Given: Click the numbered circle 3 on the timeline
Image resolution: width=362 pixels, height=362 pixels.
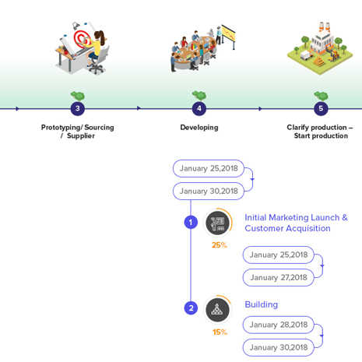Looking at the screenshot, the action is coord(78,108).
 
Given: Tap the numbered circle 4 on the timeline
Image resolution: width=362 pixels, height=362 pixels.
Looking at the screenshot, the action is coord(199,108).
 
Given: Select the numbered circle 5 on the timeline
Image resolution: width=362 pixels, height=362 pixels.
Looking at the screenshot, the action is coord(321,108).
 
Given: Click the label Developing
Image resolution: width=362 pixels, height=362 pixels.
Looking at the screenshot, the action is coord(199,128).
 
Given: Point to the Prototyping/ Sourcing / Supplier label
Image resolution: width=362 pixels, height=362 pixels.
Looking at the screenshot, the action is coord(78,132).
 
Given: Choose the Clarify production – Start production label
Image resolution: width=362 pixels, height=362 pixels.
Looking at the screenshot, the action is coord(320,132).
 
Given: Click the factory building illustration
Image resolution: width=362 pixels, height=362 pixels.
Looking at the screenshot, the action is coord(320,48).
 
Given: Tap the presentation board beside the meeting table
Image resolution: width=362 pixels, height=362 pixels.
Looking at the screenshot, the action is coord(229,34).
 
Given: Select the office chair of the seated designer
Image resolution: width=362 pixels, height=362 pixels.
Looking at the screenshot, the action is coord(98,62).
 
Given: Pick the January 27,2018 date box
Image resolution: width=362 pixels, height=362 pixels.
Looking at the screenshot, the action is coord(279,277).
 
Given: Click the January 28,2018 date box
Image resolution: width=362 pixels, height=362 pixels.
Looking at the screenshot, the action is coord(279,325).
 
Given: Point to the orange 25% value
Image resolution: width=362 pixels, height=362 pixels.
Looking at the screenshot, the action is coord(220,245).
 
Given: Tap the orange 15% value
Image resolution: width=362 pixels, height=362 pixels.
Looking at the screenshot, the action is coord(220,332).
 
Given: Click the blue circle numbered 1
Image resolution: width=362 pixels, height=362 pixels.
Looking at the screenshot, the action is coord(191,223).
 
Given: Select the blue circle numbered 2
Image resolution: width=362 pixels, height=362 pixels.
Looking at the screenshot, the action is coord(191,308).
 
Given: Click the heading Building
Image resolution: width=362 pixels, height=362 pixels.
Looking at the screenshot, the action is coord(262,304).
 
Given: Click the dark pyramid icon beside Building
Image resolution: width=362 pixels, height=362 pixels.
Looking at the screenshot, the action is coord(217,310).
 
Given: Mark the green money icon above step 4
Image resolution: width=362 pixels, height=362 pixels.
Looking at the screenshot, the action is coord(199,95).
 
